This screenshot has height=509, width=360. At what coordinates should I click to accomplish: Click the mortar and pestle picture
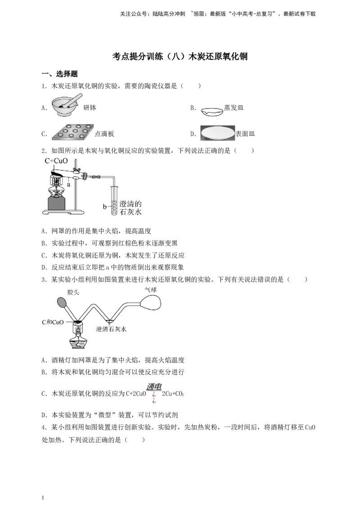66,105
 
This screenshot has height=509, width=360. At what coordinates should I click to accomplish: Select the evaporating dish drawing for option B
212,112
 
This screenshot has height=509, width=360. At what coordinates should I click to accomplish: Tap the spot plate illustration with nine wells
73,132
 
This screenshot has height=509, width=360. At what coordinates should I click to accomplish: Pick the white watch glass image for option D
217,133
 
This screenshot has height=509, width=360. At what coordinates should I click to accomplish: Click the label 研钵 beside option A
90,108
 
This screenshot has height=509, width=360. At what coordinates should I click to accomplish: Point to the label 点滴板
104,134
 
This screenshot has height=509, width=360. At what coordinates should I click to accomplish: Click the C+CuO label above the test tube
56,161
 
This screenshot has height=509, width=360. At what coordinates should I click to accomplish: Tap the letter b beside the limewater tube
104,206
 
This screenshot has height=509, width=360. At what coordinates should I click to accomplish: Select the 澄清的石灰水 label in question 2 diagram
130,208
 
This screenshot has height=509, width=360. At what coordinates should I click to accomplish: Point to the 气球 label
151,290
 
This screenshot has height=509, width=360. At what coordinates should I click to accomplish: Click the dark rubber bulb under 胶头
62,302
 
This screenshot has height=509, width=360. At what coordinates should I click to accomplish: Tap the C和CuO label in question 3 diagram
53,322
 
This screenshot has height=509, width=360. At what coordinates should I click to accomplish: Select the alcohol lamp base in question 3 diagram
78,343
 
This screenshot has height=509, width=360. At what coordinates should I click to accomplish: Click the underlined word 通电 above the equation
154,386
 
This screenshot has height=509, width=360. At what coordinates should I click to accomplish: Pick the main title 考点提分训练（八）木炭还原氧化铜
180,57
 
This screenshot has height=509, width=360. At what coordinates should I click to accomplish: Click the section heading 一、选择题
60,74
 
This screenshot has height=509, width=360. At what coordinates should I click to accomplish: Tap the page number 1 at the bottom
43,498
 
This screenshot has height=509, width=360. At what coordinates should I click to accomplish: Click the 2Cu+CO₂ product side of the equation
173,394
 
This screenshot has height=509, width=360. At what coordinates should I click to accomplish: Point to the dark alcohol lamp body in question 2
57,203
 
